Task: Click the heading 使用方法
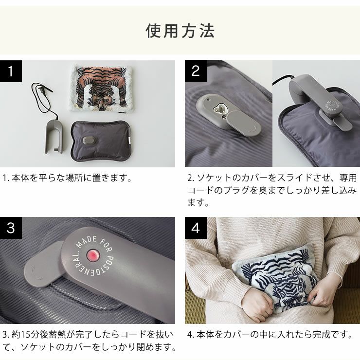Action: [180, 31]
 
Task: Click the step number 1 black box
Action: [15, 72]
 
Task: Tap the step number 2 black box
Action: [196, 72]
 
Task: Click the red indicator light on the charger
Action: [92, 256]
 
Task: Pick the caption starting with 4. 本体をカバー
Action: [269, 335]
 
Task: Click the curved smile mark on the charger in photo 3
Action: [35, 274]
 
